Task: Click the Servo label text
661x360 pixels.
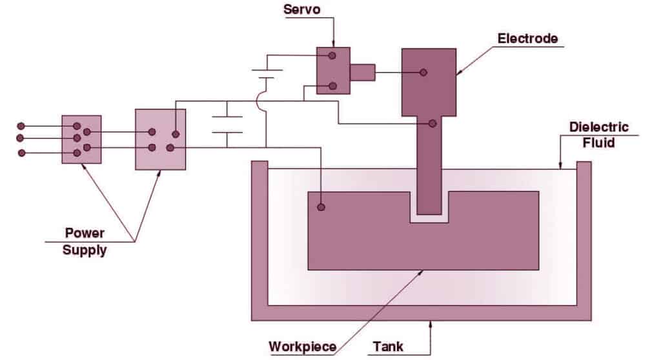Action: (301, 9)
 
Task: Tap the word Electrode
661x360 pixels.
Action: (527, 38)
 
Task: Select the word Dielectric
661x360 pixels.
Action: (598, 127)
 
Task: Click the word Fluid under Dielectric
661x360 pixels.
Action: (598, 143)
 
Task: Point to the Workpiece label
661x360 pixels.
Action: (302, 346)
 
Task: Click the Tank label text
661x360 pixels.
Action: (388, 346)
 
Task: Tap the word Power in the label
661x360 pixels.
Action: (85, 233)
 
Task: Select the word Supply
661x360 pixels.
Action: (85, 250)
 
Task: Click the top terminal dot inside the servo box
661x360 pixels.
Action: (332, 55)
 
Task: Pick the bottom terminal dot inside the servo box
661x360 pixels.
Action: (332, 86)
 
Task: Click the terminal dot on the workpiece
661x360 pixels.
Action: (321, 207)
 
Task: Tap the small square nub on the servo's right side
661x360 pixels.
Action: (363, 72)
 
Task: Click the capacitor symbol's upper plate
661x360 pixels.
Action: (227, 116)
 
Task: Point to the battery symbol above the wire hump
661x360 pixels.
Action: (267, 74)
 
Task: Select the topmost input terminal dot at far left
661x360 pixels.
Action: (21, 126)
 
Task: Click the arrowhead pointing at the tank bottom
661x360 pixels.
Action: (431, 324)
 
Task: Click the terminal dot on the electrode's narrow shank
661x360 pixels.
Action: (432, 123)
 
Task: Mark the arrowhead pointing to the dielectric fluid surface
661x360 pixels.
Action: (560, 166)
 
